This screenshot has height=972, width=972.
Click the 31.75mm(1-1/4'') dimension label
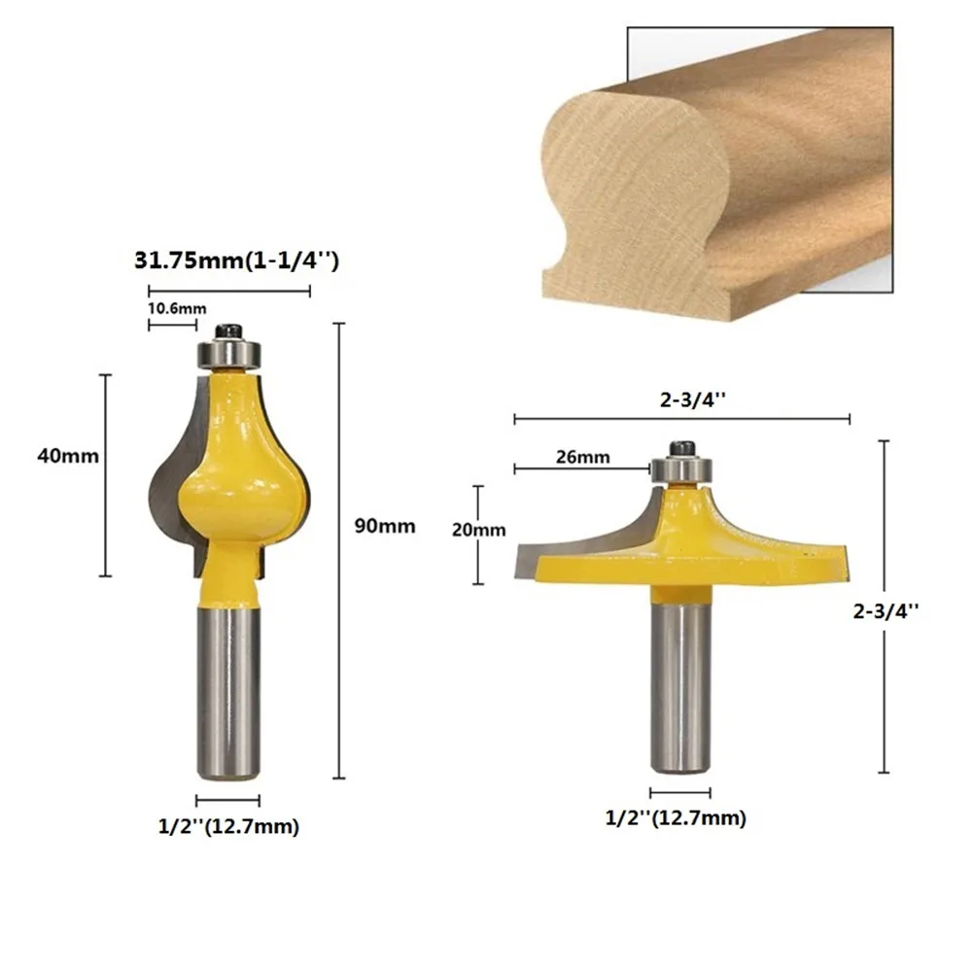click(x=235, y=262)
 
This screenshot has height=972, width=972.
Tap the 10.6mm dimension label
click(x=177, y=308)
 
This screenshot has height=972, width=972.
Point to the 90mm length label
click(x=385, y=526)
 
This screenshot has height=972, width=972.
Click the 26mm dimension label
click(x=583, y=457)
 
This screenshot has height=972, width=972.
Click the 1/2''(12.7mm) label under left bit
click(x=228, y=827)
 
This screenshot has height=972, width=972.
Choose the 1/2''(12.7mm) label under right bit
click(x=677, y=818)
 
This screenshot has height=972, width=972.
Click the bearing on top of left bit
click(x=228, y=352)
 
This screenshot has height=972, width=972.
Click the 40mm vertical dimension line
click(x=106, y=475)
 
